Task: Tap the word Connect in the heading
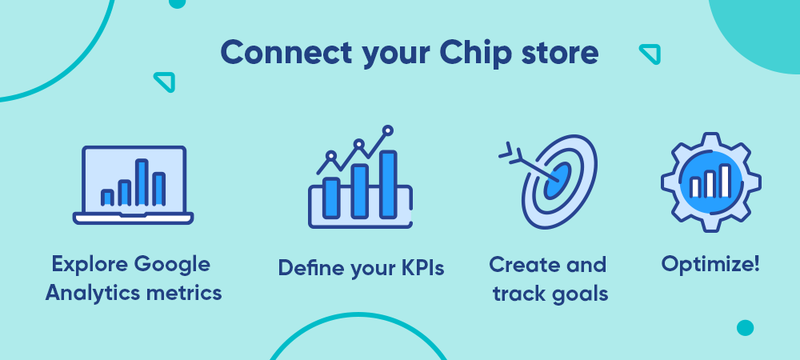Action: click(286, 52)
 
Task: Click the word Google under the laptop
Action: click(172, 265)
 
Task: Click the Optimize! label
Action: click(710, 265)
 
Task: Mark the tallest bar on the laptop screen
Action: click(142, 182)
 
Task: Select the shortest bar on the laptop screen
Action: click(107, 198)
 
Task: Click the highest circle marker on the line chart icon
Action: click(388, 130)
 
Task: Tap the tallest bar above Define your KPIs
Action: click(388, 185)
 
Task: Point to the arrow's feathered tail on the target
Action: click(511, 152)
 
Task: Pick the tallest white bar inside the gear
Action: click(725, 181)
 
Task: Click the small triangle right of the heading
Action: click(650, 54)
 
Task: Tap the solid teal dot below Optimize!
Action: click(745, 328)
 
